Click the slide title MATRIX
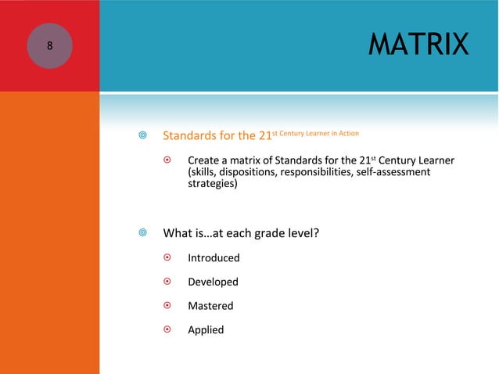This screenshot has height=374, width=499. tap(418, 45)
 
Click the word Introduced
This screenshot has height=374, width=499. tap(214, 258)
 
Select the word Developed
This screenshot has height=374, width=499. tap(213, 282)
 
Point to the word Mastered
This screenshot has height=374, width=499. tap(210, 306)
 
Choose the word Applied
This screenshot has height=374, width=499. tap(206, 329)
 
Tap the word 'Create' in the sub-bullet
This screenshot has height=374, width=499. tap(204, 161)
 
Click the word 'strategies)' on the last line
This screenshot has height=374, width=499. tap(212, 185)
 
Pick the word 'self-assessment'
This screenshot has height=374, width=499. tap(393, 173)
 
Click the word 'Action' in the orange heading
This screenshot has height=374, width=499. tap(345, 132)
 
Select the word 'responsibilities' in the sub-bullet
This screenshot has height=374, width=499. tap(323, 173)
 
